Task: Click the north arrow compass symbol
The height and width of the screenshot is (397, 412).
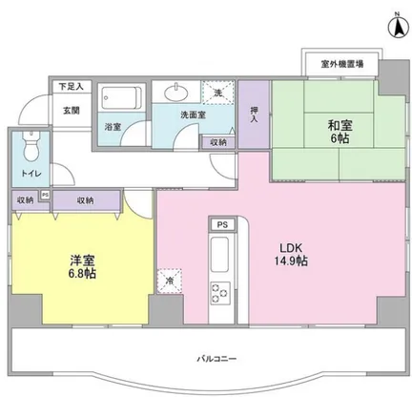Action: [398, 26]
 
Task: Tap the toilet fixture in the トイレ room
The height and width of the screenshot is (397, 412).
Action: [31, 147]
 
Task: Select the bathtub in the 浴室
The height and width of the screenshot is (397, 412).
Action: [121, 98]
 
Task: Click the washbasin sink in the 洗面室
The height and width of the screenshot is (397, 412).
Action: [175, 92]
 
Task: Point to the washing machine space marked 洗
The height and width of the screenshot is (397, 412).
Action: [218, 93]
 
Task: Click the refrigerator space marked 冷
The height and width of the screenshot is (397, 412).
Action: [170, 281]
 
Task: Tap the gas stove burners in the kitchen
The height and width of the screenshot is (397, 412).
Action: [220, 292]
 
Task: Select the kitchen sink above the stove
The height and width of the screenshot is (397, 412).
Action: [219, 255]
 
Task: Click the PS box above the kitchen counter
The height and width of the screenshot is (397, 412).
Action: [222, 224]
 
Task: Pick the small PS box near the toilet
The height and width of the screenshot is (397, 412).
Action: [46, 195]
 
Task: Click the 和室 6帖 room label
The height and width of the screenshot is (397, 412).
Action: [340, 132]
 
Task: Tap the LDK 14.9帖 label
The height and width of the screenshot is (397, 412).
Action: [291, 255]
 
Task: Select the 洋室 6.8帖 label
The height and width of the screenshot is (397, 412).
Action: [82, 267]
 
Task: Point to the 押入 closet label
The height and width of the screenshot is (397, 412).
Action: [254, 115]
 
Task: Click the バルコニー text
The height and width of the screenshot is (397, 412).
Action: [216, 359]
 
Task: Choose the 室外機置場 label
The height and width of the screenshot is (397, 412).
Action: [341, 64]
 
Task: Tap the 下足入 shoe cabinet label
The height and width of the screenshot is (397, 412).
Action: [72, 86]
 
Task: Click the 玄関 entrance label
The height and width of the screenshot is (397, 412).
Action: [71, 111]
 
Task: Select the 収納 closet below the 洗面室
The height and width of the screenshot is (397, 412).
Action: [218, 142]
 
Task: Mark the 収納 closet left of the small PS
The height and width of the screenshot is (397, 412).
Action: [26, 200]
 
